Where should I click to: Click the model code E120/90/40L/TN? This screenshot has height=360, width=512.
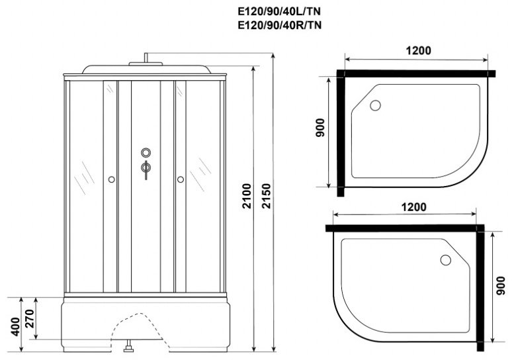(279, 11)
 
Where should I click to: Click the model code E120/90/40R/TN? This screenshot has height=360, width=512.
(280, 25)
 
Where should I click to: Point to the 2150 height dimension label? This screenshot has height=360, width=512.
(266, 196)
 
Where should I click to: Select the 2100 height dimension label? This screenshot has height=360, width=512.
(247, 196)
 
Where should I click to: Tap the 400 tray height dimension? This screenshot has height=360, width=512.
(15, 327)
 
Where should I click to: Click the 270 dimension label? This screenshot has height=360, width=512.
(30, 318)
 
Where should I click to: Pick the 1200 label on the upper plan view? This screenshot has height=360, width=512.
(418, 51)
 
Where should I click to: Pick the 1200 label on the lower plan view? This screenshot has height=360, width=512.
(413, 207)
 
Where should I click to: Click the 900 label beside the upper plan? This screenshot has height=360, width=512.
(320, 128)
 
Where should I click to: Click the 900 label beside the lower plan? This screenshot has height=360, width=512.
(500, 285)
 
